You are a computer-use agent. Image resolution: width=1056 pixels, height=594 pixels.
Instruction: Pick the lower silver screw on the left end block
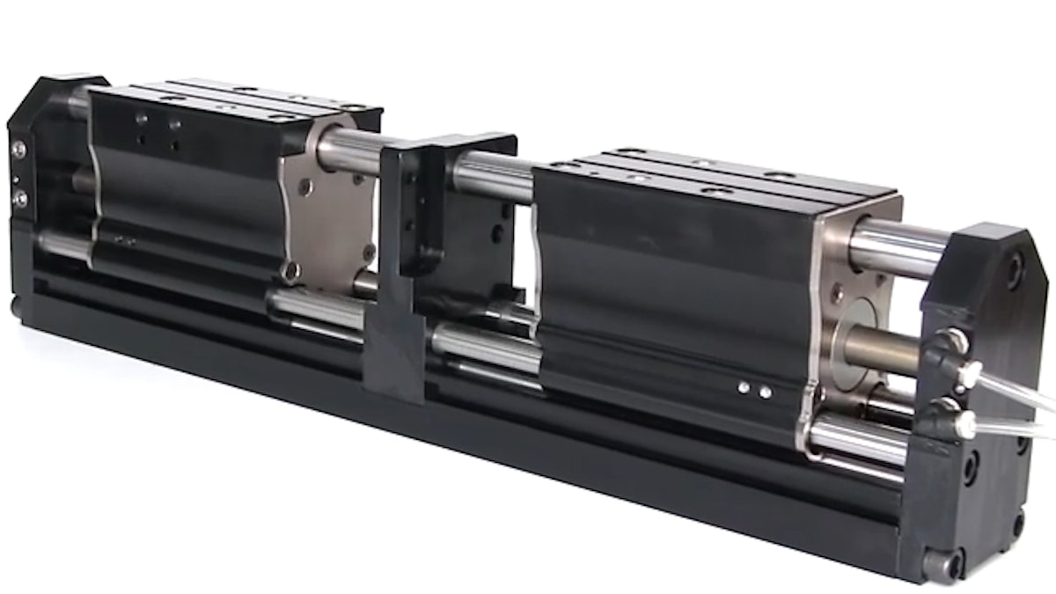click(19, 199)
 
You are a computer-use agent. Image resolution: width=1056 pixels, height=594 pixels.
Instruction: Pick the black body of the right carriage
click(669, 290)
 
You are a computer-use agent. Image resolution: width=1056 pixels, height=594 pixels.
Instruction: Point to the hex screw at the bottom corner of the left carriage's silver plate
click(292, 271)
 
